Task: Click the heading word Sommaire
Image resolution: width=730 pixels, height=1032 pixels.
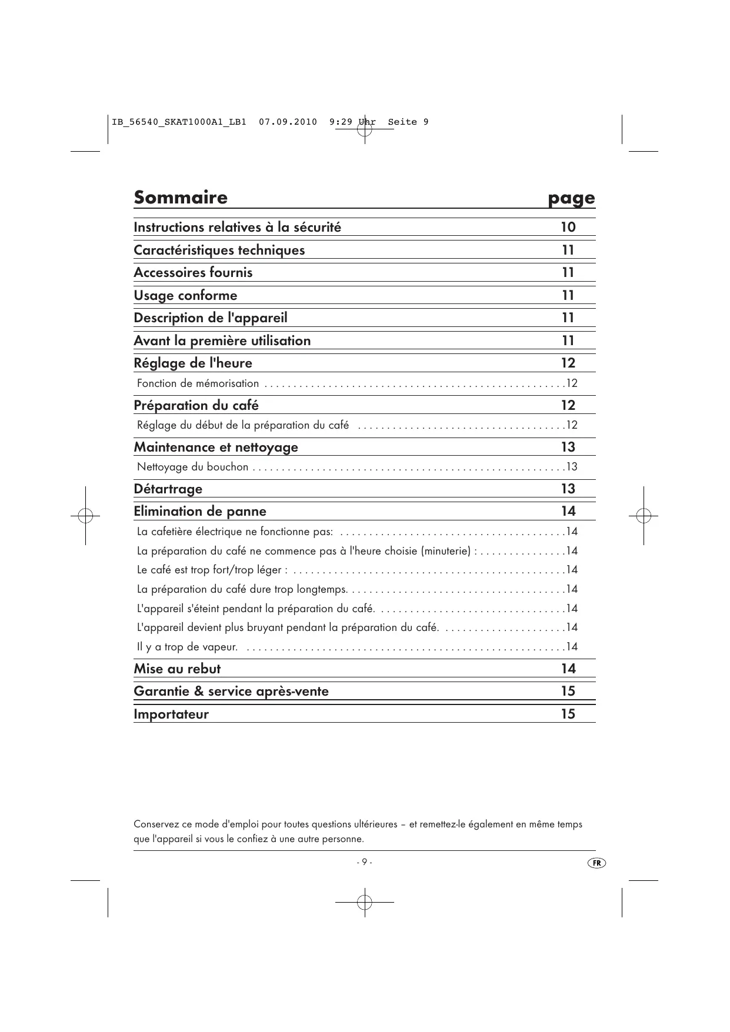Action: (x=180, y=197)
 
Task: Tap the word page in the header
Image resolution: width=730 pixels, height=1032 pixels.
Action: (x=571, y=199)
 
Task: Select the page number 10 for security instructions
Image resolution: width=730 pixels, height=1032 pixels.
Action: (x=568, y=227)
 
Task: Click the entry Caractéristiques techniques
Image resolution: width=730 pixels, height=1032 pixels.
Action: (x=219, y=250)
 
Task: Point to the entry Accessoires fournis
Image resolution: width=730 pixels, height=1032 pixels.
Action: (x=193, y=272)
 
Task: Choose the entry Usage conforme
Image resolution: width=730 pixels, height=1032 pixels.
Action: (x=185, y=295)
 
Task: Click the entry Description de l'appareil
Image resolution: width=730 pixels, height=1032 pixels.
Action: (x=211, y=318)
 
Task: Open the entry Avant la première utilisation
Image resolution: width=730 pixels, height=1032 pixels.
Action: (x=222, y=340)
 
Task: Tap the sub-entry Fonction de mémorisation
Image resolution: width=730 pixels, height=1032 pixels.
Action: (x=198, y=383)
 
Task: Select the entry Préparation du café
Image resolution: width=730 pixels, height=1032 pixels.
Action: (x=196, y=405)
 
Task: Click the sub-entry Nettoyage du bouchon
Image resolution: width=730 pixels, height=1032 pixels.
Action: (x=192, y=467)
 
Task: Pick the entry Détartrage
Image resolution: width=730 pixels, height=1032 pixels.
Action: (x=168, y=489)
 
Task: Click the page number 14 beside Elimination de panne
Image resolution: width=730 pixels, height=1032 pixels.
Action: (x=568, y=511)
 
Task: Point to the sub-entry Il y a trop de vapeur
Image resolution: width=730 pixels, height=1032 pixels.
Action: (x=187, y=647)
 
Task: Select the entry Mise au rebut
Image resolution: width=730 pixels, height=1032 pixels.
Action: (x=177, y=669)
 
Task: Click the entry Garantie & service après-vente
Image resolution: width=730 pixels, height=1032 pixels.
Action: (x=231, y=691)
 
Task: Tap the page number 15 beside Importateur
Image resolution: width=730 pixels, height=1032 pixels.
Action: (x=568, y=714)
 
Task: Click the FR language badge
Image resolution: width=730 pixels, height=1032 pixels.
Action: (x=596, y=863)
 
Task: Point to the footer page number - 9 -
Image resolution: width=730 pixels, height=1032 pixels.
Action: (x=364, y=862)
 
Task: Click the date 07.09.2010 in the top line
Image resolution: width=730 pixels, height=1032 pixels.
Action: (x=288, y=122)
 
